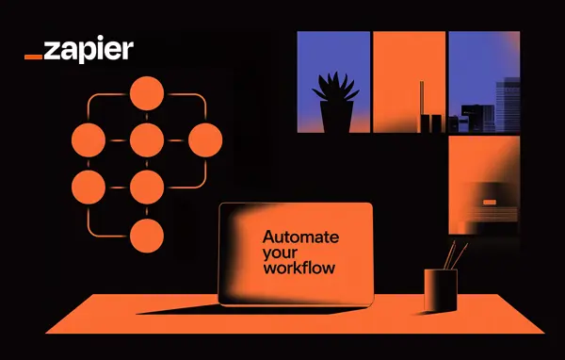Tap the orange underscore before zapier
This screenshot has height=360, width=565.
pos(33,57)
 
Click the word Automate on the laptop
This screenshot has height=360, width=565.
pos(300,237)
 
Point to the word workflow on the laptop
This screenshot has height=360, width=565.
pos(299,268)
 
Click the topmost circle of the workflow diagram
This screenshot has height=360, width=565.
pos(147,93)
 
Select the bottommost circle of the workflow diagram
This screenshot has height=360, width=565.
pos(147,236)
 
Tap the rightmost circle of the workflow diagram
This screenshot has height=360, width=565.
pos(204,140)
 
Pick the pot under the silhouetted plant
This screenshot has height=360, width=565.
pos(335,117)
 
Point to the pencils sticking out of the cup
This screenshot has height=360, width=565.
pos(455,254)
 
